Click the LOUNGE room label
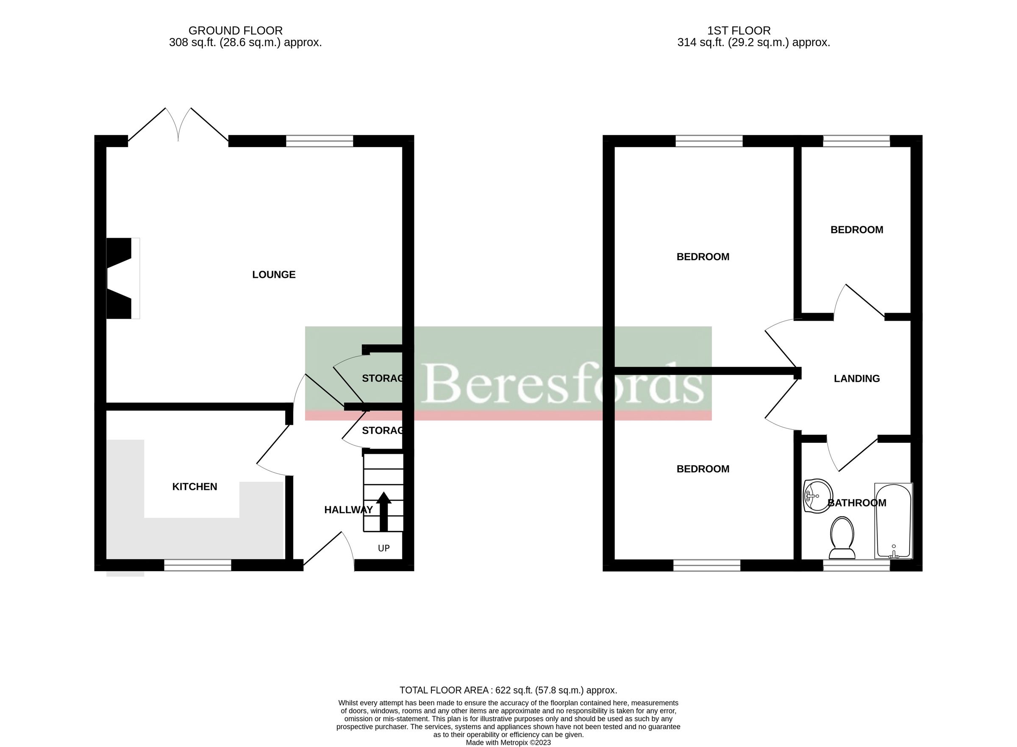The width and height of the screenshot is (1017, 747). (274, 275)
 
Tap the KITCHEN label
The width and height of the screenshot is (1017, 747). (195, 486)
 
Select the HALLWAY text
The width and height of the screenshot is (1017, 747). (348, 510)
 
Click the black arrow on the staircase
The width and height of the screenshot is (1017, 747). (383, 511)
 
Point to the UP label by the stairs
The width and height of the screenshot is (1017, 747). (383, 548)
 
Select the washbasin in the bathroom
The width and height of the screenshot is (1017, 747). (818, 496)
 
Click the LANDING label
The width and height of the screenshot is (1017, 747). (856, 378)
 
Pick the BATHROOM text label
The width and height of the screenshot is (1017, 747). (856, 503)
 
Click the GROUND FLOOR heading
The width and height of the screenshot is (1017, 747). (235, 31)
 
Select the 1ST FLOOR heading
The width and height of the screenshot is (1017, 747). (739, 31)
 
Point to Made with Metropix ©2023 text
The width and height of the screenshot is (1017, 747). (508, 742)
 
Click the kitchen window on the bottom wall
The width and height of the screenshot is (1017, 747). (197, 565)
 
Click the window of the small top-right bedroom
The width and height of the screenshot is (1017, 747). (856, 141)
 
